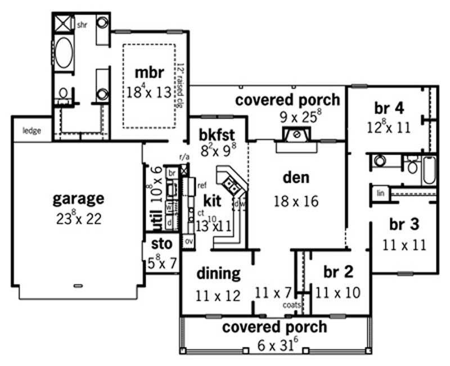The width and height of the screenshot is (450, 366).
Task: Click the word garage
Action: pos(78,198)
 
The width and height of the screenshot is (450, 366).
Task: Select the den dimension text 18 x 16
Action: pos(296,201)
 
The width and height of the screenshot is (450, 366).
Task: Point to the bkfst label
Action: pos(217,135)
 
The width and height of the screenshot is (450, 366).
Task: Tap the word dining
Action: pos(218,274)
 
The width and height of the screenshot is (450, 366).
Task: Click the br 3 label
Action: pos(404,224)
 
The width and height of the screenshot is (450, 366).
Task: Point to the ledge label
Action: pos(31,131)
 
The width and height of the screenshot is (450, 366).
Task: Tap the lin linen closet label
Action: pos(381,193)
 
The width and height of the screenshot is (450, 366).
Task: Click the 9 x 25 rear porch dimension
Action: pos(287,119)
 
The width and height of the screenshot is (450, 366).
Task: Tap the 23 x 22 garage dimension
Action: pos(78,219)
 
